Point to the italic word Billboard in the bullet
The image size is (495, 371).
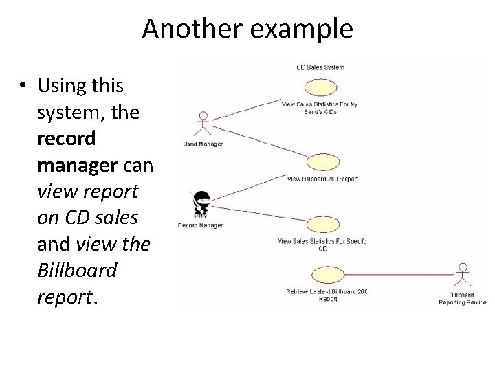[77, 270]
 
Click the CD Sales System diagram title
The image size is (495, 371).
[320, 67]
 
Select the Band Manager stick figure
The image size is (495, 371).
[202, 124]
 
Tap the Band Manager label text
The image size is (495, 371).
[203, 144]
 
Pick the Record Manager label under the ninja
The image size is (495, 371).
[200, 225]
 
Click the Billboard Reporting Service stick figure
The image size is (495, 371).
[463, 276]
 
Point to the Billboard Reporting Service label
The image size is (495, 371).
[463, 299]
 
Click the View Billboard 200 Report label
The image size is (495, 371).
[322, 179]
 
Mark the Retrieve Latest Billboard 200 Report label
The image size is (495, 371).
[327, 295]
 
